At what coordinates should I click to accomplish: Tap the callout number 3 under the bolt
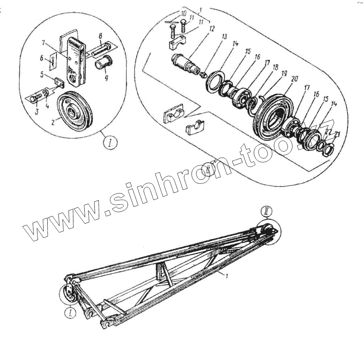[37, 112]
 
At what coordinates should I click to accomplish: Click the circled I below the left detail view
[110, 142]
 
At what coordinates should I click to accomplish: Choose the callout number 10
[184, 14]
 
